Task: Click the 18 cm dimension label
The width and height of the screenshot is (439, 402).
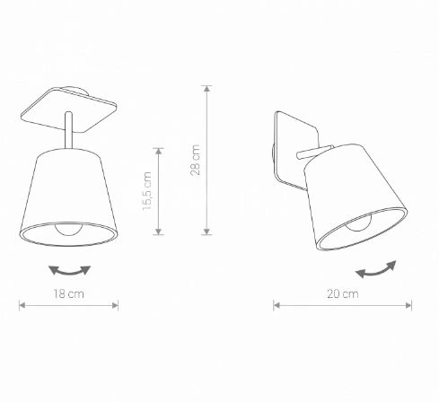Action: [68, 294]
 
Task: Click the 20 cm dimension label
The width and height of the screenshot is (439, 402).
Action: [342, 294]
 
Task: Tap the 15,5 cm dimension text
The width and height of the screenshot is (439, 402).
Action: [147, 192]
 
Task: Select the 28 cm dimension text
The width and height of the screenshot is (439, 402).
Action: [196, 162]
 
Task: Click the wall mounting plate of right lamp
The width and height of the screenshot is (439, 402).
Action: [286, 147]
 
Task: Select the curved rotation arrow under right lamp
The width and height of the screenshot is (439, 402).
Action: [376, 268]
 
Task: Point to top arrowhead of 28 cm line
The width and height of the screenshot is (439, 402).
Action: [208, 89]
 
